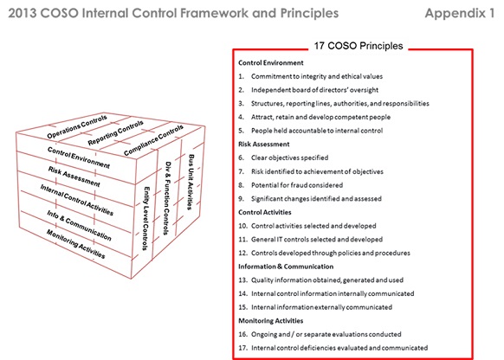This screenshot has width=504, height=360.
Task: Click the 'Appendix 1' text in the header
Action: click(460, 13)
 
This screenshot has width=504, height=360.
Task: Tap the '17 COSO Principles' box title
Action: click(359, 46)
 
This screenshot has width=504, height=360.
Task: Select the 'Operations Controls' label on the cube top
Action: click(77, 127)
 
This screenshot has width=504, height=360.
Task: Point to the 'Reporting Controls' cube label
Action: click(115, 133)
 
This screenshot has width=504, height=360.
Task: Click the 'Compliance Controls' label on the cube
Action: click(153, 140)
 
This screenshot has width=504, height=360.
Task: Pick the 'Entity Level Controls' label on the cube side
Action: click(146, 218)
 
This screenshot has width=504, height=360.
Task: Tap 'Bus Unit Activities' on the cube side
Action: click(191, 182)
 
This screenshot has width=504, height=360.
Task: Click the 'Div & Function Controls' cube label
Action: click(167, 198)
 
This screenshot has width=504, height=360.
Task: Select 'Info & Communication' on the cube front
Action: click(79, 226)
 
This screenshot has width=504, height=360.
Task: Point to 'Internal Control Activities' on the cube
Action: click(77, 200)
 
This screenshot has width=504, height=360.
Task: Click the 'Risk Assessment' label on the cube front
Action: click(74, 177)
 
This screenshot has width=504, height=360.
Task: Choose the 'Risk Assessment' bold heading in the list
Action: click(264, 145)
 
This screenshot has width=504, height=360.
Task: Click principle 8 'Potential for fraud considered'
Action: click(297, 185)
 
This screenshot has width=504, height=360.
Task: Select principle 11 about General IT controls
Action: click(317, 239)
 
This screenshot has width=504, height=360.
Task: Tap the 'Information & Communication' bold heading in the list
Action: click(286, 267)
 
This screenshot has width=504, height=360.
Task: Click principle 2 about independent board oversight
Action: click(314, 90)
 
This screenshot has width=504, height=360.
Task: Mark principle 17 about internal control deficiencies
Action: click(339, 348)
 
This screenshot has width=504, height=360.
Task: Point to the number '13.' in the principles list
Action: click(242, 280)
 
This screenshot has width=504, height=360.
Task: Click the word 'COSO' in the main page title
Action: click(60, 13)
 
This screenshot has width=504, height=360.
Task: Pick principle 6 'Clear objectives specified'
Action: click(289, 157)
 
